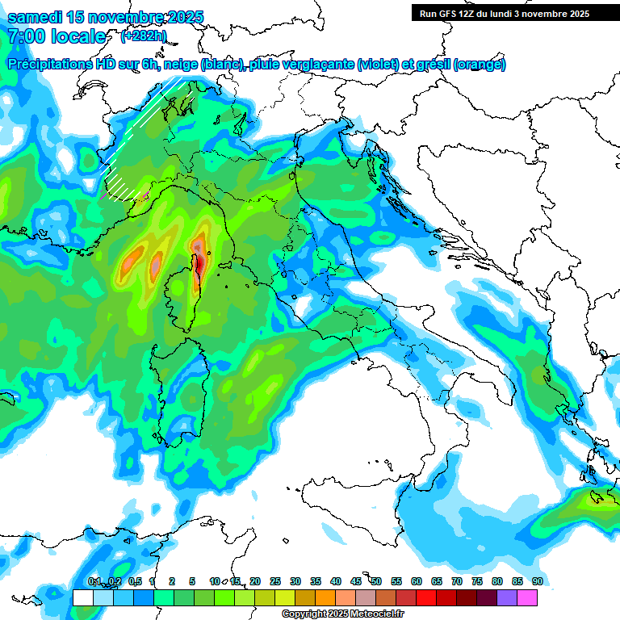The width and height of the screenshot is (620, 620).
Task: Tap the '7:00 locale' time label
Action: point(57,36)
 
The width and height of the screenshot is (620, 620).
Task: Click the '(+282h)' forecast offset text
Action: point(144,36)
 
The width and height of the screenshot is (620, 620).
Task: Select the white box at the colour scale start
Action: point(82,597)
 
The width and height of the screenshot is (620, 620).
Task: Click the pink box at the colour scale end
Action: point(526,597)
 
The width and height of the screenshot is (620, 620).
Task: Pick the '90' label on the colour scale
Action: point(537,581)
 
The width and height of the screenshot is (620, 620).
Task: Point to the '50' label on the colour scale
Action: point(375,581)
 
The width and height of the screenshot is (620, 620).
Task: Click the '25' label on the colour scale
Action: point(274,581)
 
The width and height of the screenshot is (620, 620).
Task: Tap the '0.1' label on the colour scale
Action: point(93,581)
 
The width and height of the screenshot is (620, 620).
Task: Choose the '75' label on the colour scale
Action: point(476,581)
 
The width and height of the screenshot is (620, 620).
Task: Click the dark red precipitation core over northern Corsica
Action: point(198,262)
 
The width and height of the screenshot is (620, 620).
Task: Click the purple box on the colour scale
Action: point(506,597)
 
